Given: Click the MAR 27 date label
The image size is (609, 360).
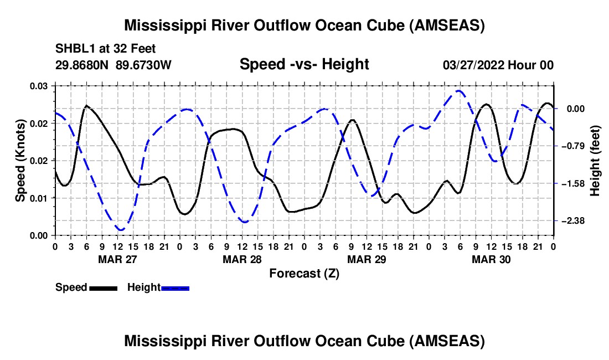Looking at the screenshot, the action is [118, 259].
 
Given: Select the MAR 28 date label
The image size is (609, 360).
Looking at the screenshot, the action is [242, 259].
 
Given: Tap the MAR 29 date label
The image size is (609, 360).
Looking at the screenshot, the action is [367, 259].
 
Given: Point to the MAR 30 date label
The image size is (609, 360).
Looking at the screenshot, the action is [491, 259].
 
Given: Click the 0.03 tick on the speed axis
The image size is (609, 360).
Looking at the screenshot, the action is [38, 86].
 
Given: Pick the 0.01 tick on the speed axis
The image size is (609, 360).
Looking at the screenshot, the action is [38, 198].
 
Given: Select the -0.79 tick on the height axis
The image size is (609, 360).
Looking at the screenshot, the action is [573, 146].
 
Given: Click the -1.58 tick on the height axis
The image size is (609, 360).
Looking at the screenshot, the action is [573, 183].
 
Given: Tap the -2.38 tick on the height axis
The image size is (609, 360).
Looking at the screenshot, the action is [573, 221].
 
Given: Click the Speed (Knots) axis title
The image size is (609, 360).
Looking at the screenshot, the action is [20, 161].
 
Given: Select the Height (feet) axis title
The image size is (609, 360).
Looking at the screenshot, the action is [595, 161].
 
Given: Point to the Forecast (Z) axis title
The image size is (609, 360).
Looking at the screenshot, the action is [304, 274].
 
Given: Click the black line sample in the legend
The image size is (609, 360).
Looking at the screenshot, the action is [104, 289].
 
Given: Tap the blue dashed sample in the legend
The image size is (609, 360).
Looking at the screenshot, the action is [175, 289].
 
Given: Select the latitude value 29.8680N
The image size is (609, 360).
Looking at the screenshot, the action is [82, 65].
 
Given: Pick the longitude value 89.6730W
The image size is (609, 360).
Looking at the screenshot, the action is [143, 65].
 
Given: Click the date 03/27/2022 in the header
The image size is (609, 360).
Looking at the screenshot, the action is [473, 65].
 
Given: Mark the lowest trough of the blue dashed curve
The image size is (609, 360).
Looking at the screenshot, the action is [121, 230].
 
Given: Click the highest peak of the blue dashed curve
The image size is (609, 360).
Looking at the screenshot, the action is [460, 91].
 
